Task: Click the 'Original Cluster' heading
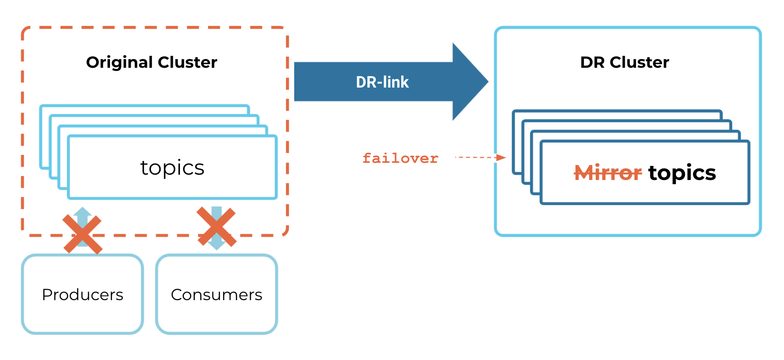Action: pos(151,62)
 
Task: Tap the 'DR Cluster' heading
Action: pos(624,62)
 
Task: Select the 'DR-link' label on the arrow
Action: pos(382,82)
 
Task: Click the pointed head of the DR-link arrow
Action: pos(471,81)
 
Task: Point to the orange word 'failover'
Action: pos(400,158)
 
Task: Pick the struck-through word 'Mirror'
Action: pos(608,173)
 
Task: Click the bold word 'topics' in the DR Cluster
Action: pos(682,173)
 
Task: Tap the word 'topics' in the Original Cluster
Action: pos(172,168)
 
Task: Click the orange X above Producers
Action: pos(82,234)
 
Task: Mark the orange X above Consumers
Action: pos(216,226)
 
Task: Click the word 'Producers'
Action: pos(83,294)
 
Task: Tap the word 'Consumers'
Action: pos(216,294)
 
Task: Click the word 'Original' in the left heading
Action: pos(119,62)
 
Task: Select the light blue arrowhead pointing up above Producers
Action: pos(82,211)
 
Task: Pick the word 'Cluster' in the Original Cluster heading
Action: pos(187,62)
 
